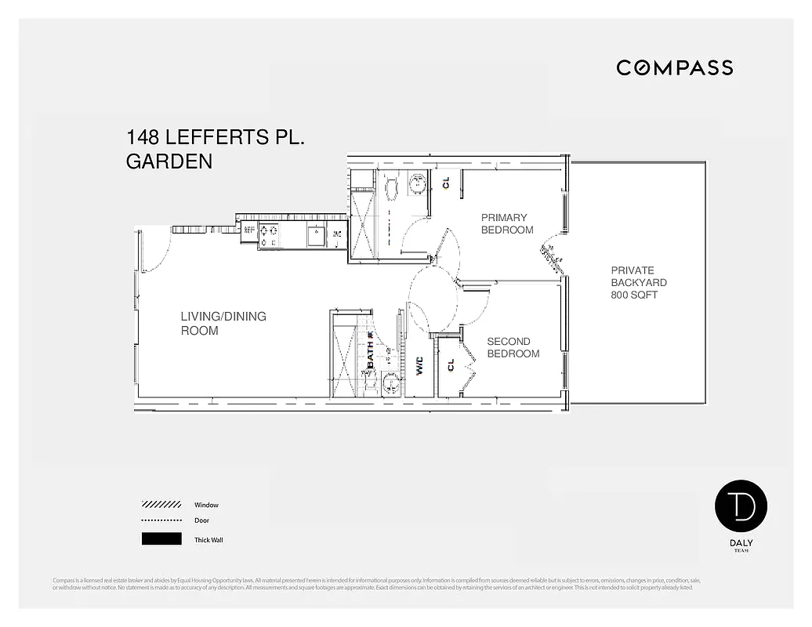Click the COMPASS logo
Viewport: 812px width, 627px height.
674,68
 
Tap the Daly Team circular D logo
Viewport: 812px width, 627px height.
741,506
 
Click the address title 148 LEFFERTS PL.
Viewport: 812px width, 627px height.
215,138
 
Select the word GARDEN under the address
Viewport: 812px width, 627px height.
169,162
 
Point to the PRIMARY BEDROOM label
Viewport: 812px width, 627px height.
507,223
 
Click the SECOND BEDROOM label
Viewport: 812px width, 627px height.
513,347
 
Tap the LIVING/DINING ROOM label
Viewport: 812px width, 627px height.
223,323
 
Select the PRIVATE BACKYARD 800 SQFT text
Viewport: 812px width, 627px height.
639,283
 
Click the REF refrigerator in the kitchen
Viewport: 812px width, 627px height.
249,230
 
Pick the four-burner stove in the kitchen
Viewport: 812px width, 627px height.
269,234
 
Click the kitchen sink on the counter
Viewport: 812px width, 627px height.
316,234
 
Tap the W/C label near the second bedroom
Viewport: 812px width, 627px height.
419,366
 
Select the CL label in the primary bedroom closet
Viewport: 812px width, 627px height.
446,183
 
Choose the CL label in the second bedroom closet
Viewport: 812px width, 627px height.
451,365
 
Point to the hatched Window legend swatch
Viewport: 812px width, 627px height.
161,505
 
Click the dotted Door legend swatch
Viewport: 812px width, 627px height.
161,520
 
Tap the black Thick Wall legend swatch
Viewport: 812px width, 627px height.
161,539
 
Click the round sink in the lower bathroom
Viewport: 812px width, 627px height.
391,384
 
